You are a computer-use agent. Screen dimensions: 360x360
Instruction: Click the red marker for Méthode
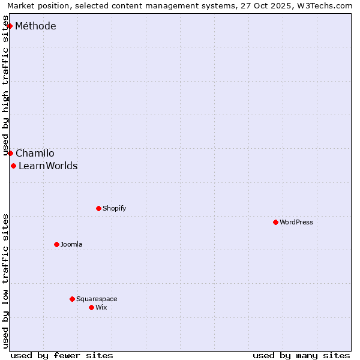point(10,26)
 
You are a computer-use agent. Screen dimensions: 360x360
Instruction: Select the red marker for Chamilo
point(10,153)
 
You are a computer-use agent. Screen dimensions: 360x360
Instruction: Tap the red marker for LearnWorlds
point(13,166)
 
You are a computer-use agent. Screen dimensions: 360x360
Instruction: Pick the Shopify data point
point(98,208)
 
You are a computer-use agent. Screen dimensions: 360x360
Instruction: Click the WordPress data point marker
point(275,222)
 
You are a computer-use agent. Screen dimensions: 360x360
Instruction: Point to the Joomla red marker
point(56,244)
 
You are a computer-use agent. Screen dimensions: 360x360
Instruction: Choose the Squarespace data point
point(72,299)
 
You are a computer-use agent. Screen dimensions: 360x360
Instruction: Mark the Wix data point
point(91,307)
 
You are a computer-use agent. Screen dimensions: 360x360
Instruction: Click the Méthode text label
point(35,26)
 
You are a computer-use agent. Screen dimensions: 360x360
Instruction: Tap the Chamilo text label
point(35,154)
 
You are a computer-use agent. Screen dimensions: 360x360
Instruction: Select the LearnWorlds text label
point(48,166)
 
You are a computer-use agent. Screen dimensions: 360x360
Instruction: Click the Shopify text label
point(114,208)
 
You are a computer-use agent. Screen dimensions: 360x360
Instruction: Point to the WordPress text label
point(296,222)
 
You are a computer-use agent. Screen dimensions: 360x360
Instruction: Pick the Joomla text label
point(71,244)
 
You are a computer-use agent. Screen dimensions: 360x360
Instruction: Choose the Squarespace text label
point(97,299)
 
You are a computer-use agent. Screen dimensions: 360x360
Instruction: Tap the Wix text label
point(101,307)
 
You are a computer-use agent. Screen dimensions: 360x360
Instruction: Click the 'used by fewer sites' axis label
point(62,355)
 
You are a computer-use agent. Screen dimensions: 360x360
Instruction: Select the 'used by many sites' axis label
point(301,355)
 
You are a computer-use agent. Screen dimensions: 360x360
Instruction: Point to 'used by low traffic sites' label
point(6,281)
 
